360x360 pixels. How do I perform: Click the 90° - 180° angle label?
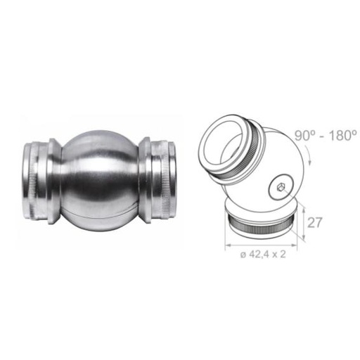point(326,136)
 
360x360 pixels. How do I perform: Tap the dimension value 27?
point(314,222)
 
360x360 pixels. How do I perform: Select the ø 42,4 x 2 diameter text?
point(263,255)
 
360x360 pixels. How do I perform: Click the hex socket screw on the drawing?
point(281,187)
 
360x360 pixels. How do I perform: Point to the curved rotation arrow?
point(309,155)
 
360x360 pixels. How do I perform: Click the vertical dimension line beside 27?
point(304,222)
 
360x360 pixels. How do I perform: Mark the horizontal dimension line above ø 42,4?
point(261,245)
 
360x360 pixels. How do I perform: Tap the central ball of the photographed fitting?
point(100,181)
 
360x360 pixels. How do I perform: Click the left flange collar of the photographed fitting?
point(54,181)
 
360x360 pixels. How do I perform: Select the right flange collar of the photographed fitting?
point(146,180)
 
